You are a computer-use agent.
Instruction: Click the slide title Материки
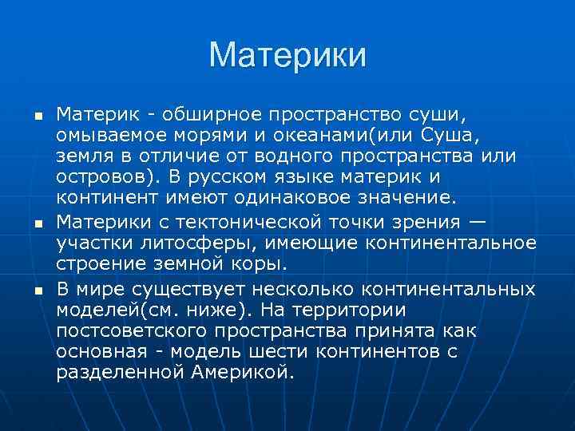287,55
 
